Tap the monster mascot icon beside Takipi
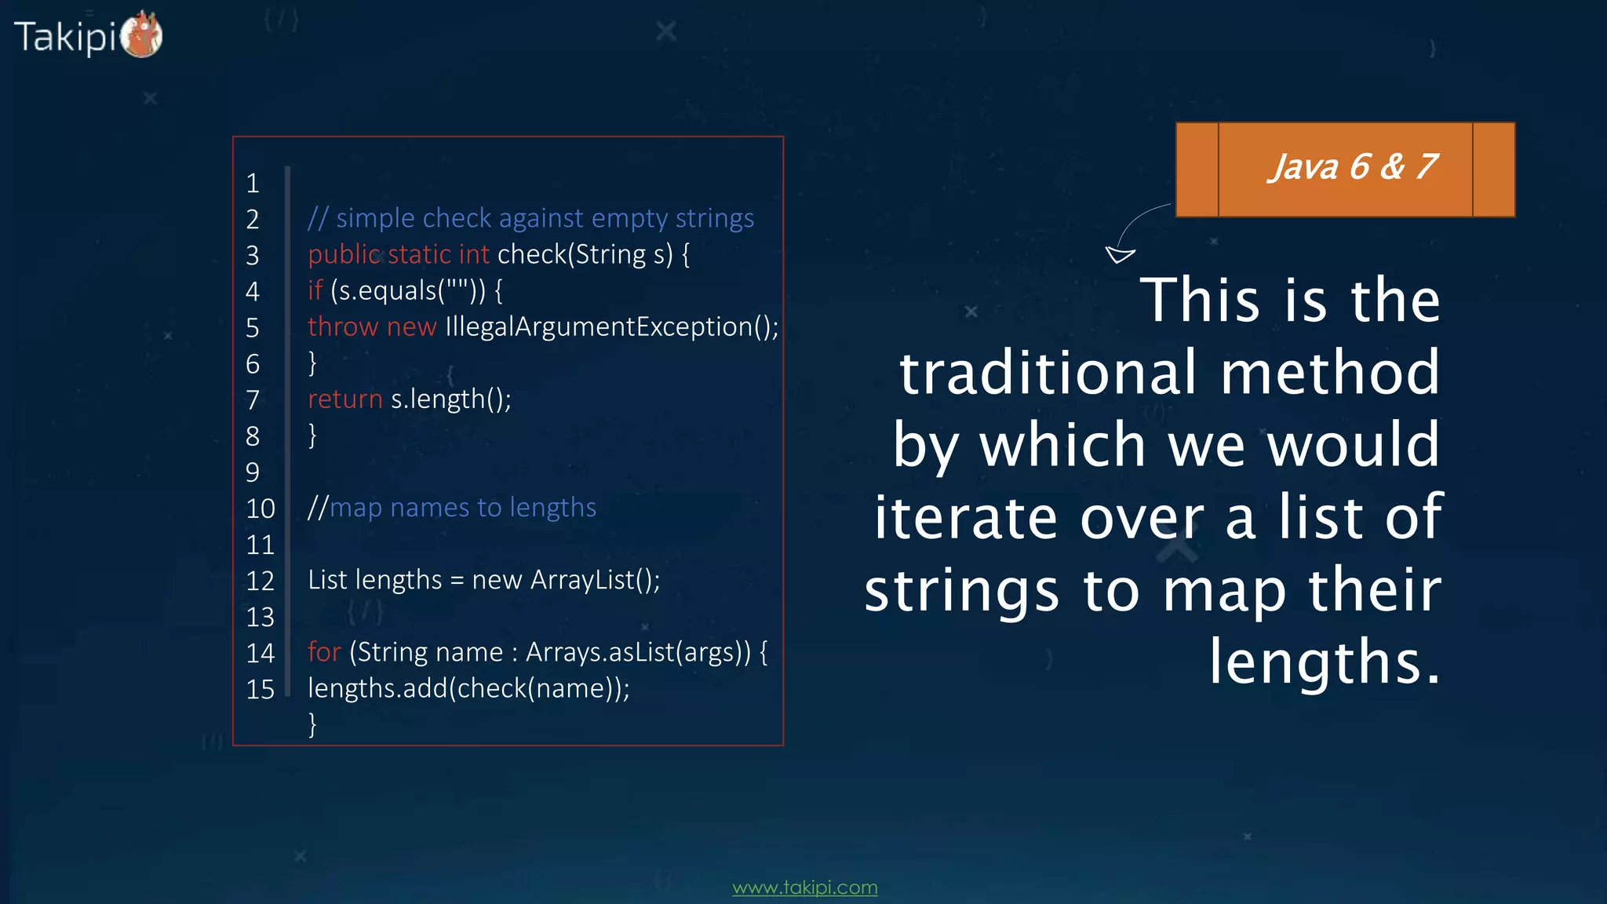click(142, 35)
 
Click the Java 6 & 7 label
click(1353, 167)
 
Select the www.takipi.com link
click(804, 888)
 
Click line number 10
click(261, 508)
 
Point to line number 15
click(261, 689)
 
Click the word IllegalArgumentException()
click(611, 326)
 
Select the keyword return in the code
click(344, 399)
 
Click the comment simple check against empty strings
click(545, 218)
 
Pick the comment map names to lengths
click(462, 508)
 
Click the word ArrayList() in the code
click(595, 580)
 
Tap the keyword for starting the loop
click(324, 652)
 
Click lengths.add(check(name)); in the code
click(468, 688)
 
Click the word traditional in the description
click(1048, 373)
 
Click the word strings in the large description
click(962, 590)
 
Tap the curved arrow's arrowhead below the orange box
click(1119, 254)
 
